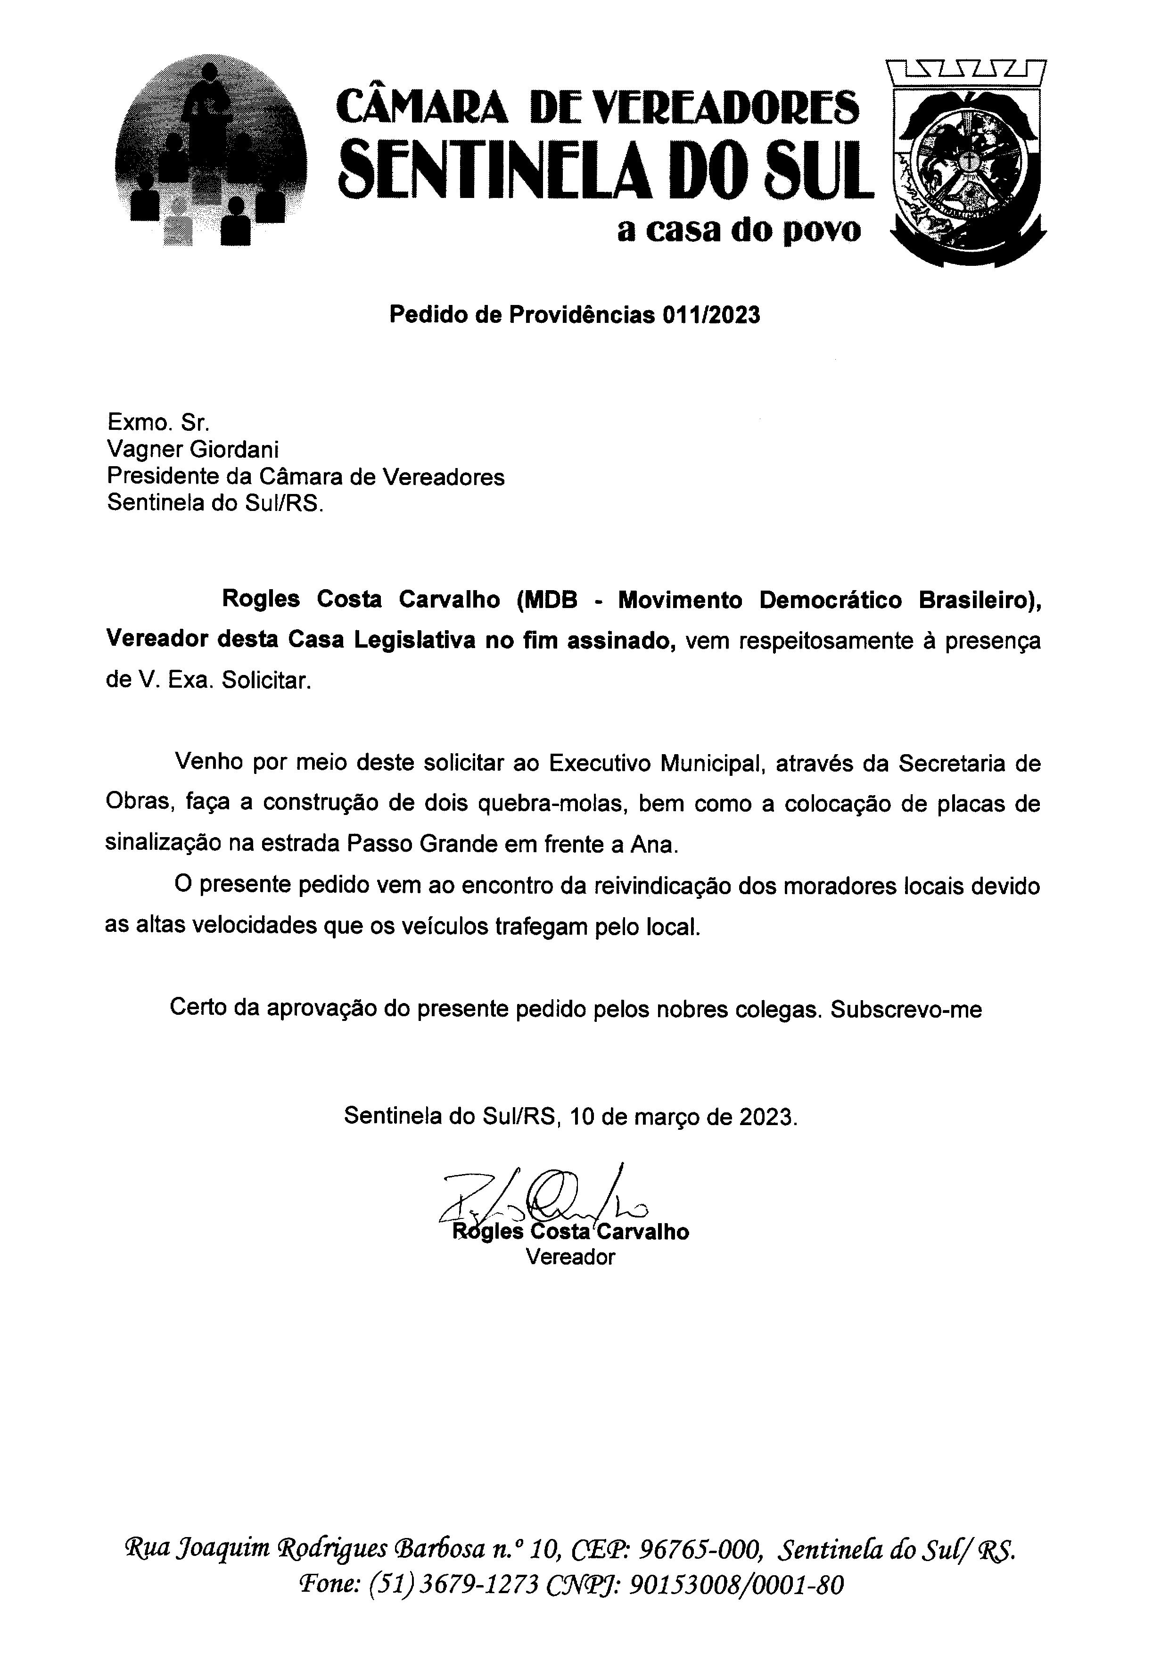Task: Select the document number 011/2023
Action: tap(711, 315)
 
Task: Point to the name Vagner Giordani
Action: tap(192, 450)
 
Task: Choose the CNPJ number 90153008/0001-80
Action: tap(735, 1585)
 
